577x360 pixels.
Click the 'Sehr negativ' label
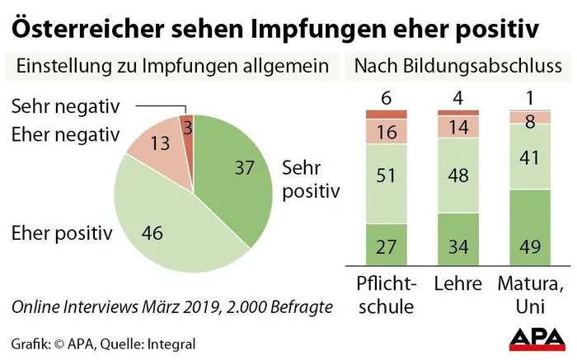coord(65,106)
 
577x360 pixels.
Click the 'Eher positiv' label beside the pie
coord(62,233)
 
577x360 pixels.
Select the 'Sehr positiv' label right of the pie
coord(311,180)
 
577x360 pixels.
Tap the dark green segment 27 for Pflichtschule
coord(386,247)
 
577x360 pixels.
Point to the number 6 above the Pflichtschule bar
coord(386,96)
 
